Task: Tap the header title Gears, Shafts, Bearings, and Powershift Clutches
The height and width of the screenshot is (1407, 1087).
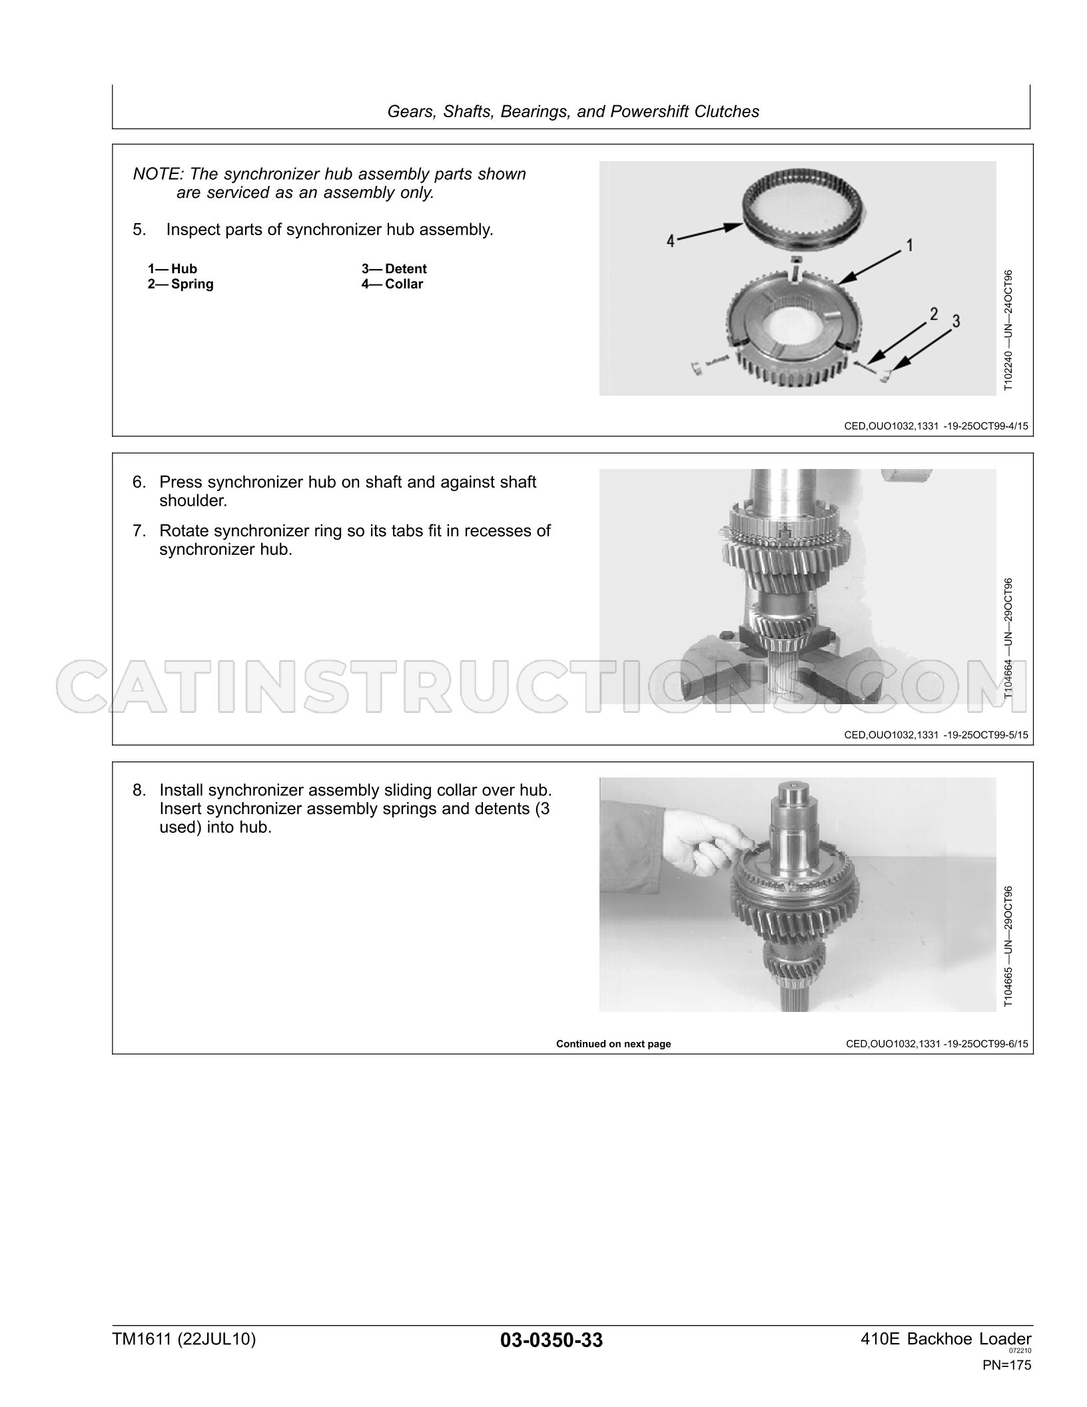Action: pyautogui.click(x=573, y=111)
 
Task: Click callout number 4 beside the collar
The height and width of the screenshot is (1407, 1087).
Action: pyautogui.click(x=671, y=241)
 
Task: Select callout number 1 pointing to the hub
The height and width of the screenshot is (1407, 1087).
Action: pyautogui.click(x=909, y=245)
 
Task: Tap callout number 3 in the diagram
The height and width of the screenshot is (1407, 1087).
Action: pyautogui.click(x=956, y=321)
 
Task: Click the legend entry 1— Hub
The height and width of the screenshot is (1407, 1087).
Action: pyautogui.click(x=173, y=268)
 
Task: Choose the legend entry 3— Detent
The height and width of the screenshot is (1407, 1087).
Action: pyautogui.click(x=394, y=268)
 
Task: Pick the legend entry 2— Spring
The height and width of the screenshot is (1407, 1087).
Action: pyautogui.click(x=181, y=284)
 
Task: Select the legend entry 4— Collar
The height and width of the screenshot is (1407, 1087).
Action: pyautogui.click(x=392, y=284)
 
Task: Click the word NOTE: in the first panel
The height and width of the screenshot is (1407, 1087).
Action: pyautogui.click(x=158, y=174)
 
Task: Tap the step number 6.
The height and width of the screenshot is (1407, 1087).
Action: pyautogui.click(x=139, y=482)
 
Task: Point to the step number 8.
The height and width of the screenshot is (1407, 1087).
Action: pyautogui.click(x=139, y=790)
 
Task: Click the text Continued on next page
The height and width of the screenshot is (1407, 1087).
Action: pyautogui.click(x=613, y=1044)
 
